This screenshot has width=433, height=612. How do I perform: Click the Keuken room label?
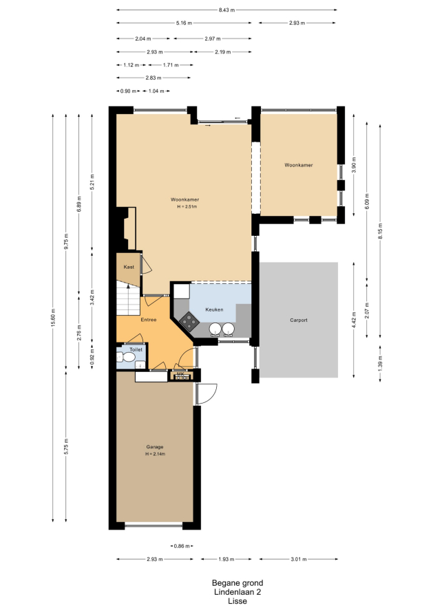(214, 309)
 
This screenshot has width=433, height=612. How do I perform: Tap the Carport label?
(299, 320)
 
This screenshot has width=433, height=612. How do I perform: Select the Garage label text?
(155, 447)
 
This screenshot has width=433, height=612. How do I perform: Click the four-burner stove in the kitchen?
(189, 322)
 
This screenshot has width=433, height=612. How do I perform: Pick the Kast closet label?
(129, 267)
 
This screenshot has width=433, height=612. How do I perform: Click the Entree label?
(149, 320)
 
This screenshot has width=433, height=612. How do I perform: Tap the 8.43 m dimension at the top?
(226, 10)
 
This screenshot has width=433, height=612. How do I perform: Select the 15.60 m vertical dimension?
(53, 318)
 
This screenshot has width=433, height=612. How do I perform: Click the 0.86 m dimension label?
(182, 546)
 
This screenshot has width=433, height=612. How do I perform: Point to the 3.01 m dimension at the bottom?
(299, 559)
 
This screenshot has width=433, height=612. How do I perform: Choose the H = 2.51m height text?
(187, 206)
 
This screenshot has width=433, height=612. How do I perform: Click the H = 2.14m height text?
(155, 454)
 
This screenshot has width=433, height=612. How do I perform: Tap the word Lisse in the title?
(237, 601)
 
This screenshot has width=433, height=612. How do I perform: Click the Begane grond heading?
(237, 583)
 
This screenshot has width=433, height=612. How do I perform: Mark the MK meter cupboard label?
(180, 373)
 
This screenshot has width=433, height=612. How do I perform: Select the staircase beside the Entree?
(128, 298)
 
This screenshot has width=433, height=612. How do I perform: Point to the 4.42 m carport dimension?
(354, 320)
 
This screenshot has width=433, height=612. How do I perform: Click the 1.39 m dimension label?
(380, 363)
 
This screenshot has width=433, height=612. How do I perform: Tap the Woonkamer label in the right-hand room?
(299, 165)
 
